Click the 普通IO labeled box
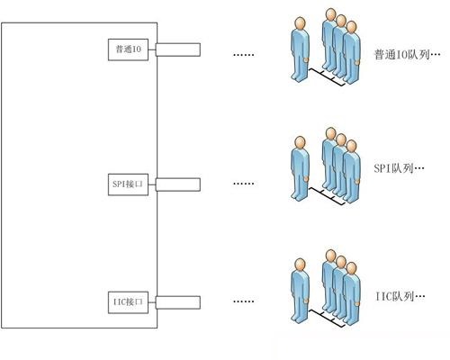(x=128, y=49)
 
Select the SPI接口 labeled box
(x=128, y=184)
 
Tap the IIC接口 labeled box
(x=128, y=302)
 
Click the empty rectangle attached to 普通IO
(x=178, y=49)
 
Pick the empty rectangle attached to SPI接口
(x=178, y=184)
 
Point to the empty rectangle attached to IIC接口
(x=178, y=302)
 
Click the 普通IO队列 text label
(x=407, y=55)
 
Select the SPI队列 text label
(x=399, y=168)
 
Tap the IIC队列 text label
(x=400, y=297)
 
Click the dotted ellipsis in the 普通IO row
(x=244, y=55)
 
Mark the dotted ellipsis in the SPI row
(x=244, y=184)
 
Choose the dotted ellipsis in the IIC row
(x=244, y=301)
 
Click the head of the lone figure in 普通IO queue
(x=300, y=23)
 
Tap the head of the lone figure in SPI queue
(x=300, y=142)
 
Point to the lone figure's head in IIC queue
(x=300, y=265)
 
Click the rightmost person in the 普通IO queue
(x=352, y=52)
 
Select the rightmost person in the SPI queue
(x=352, y=172)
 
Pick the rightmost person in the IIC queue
(x=352, y=294)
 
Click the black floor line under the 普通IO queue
(x=327, y=77)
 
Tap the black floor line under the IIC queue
(x=327, y=319)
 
